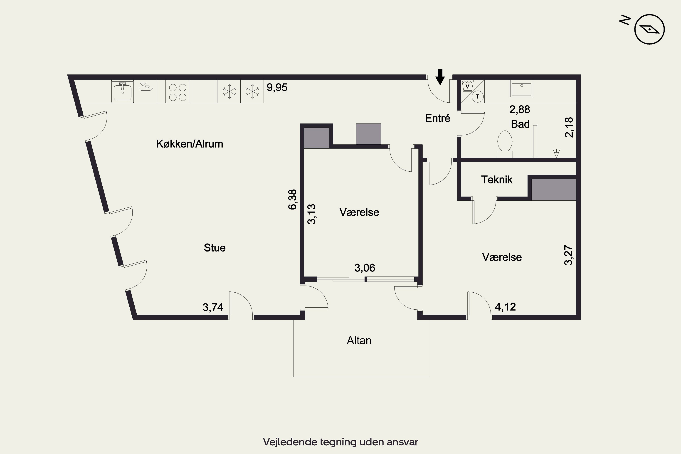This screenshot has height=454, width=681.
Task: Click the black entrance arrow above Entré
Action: (x=440, y=77)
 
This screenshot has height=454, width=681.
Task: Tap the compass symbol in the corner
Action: (x=649, y=29)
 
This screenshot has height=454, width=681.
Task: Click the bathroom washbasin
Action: (x=521, y=89)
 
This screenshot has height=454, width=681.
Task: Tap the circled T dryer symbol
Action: (x=477, y=96)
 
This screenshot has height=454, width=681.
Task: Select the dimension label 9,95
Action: (x=277, y=87)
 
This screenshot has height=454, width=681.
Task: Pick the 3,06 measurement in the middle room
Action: (x=365, y=268)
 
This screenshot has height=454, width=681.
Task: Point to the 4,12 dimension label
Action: (x=505, y=307)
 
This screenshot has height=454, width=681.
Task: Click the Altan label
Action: (x=359, y=340)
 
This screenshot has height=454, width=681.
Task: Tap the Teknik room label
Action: (x=497, y=180)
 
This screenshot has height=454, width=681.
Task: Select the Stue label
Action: (x=215, y=248)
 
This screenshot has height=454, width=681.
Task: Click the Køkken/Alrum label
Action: (x=190, y=144)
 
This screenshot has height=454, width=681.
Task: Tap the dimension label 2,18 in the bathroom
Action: (x=569, y=127)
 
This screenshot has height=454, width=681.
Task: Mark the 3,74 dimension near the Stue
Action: (x=213, y=307)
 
